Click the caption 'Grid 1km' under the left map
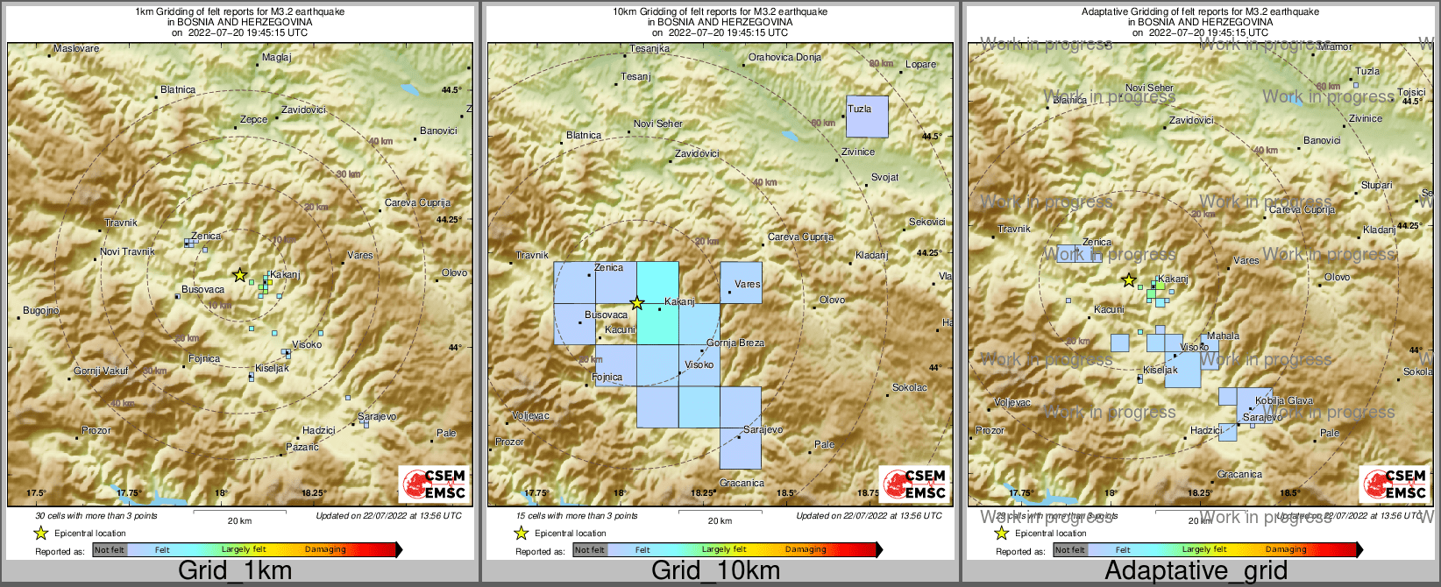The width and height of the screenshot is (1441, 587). coord(235,570)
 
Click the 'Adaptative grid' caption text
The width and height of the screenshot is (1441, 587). coord(1196,570)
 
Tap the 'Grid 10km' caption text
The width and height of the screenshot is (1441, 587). coord(715,570)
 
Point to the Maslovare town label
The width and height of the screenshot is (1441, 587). coord(76,49)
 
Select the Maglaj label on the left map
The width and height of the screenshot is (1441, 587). coord(276,58)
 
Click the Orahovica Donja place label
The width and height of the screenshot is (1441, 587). coord(784,58)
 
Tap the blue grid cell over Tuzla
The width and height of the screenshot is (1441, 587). coord(867,117)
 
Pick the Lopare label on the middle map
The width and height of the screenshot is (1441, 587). coord(920,65)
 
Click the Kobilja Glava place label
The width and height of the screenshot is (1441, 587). coord(1284,401)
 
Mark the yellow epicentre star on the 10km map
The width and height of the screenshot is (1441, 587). coord(637,303)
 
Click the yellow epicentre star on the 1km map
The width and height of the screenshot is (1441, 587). coord(239,275)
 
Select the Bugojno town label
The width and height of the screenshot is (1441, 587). coord(41,311)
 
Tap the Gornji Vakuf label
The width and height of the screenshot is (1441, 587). coord(101,371)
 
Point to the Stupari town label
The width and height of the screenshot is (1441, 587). coord(1376,186)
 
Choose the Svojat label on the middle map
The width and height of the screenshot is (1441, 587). coord(884,178)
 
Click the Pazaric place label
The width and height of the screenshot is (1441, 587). coord(302,448)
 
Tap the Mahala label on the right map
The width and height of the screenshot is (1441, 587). coord(1223,336)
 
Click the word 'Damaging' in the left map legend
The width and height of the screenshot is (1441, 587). coord(325,550)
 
